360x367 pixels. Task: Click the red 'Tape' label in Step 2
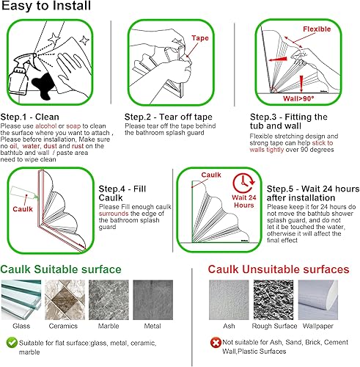pyautogui.click(x=201, y=37)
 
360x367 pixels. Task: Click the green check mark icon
pyautogui.click(x=10, y=341)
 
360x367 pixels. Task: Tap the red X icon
pyautogui.click(x=214, y=343)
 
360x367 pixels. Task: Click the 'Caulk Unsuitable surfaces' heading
pyautogui.click(x=278, y=269)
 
